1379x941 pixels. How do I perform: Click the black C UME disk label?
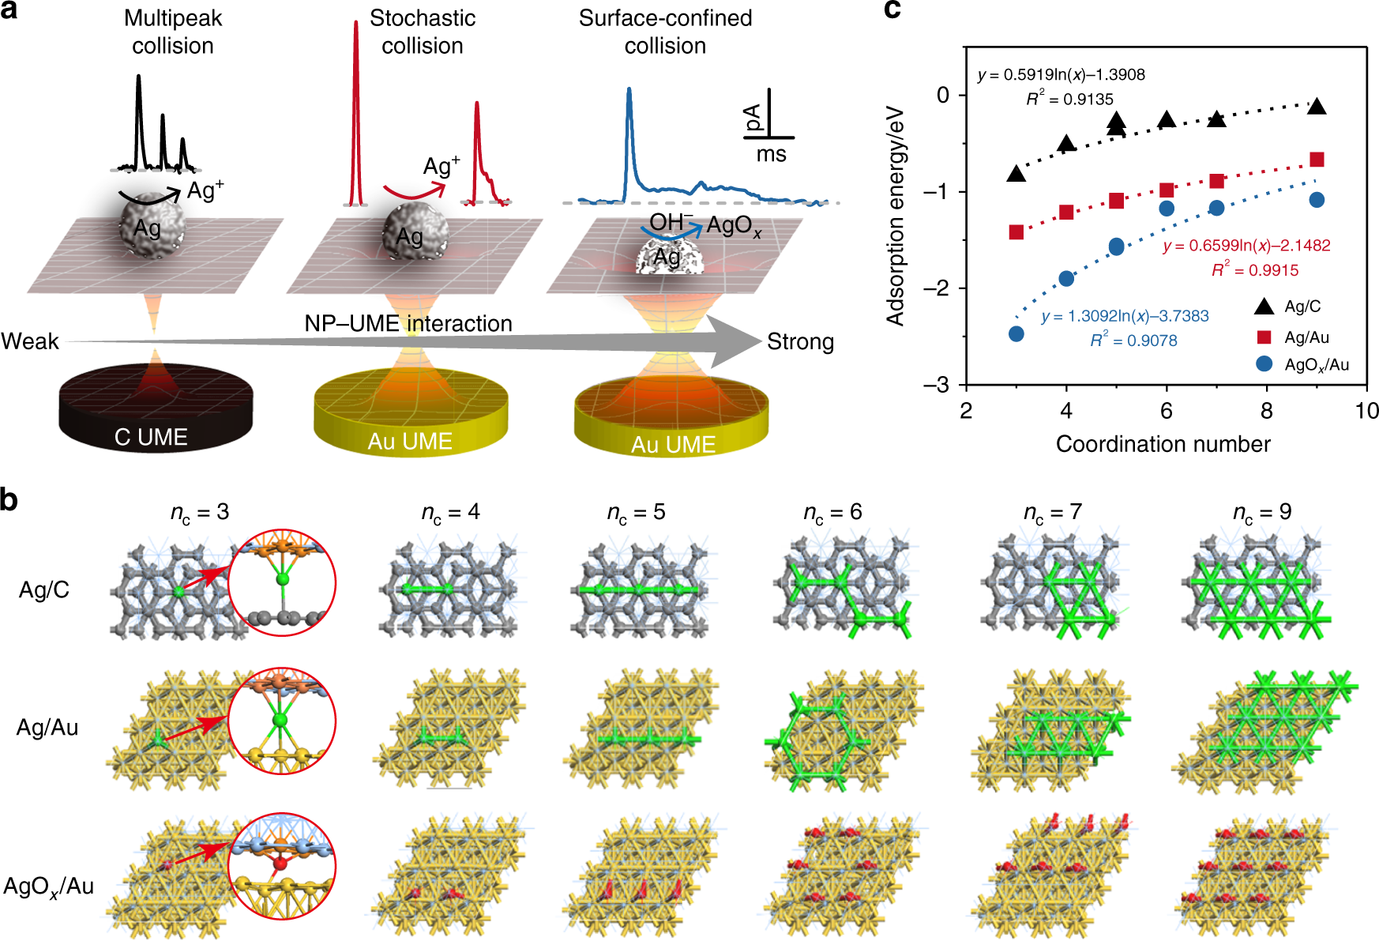click(151, 437)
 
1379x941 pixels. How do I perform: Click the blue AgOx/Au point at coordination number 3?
click(1016, 333)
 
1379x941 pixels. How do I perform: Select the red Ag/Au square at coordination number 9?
click(1317, 160)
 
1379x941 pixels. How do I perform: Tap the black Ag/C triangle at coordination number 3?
click(1016, 173)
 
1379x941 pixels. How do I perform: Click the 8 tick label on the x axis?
click(1266, 411)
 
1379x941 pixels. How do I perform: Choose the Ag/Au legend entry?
click(1306, 337)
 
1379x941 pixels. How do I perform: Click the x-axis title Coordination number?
click(1163, 444)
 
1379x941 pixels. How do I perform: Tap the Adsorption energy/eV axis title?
click(895, 216)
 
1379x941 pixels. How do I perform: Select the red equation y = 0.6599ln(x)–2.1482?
click(1246, 246)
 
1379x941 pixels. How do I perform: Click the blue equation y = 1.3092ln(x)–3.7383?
click(1125, 316)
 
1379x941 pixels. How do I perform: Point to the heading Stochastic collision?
click(423, 32)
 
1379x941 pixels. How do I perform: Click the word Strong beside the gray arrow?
click(800, 341)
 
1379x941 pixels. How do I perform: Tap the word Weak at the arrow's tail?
click(30, 341)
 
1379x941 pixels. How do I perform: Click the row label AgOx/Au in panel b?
click(49, 886)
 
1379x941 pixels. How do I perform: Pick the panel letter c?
click(892, 11)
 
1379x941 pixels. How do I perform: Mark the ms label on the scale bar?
click(771, 154)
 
